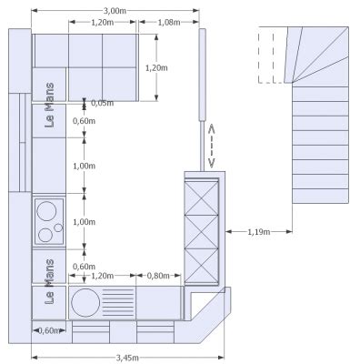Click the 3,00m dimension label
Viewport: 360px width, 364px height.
[x=115, y=11]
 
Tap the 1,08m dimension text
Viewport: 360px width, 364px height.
[x=169, y=23]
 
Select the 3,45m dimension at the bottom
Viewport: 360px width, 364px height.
[x=127, y=358]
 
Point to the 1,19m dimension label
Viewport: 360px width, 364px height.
[x=259, y=232]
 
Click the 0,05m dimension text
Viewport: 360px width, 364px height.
[x=103, y=103]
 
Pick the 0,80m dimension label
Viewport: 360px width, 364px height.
[x=158, y=276]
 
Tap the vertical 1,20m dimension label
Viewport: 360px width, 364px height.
[x=156, y=68]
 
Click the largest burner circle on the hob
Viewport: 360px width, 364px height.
[x=46, y=211]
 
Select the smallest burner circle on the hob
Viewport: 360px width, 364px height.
[x=58, y=227]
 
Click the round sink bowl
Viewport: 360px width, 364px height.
[x=85, y=302]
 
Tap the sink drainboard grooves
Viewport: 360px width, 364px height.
[x=118, y=302]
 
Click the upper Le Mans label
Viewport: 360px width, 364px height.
[x=49, y=105]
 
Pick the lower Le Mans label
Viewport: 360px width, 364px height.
[x=49, y=281]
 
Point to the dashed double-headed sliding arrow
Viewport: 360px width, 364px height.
[x=212, y=146]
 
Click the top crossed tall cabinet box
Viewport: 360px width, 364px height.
[x=202, y=198]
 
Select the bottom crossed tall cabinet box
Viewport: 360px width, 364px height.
[x=202, y=266]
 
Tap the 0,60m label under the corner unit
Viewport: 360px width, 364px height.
[x=48, y=330]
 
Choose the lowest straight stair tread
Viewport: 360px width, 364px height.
[x=320, y=196]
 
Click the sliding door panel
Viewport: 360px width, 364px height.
[x=202, y=75]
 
